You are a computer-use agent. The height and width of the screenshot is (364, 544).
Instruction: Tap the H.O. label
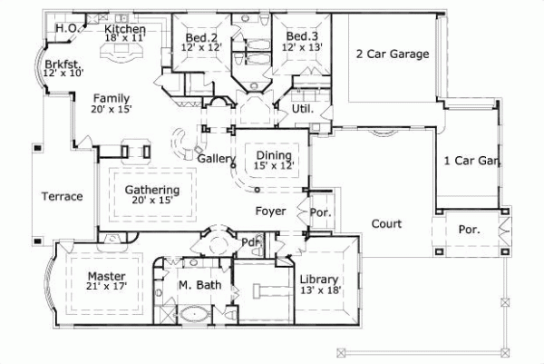65,28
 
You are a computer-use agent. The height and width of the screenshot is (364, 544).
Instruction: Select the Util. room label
302,109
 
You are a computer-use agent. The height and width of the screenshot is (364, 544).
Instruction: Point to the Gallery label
217,160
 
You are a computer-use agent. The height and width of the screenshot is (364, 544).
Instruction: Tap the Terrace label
63,196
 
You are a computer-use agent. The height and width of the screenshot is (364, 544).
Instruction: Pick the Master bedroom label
106,274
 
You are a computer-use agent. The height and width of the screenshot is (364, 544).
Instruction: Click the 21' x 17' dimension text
106,286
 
